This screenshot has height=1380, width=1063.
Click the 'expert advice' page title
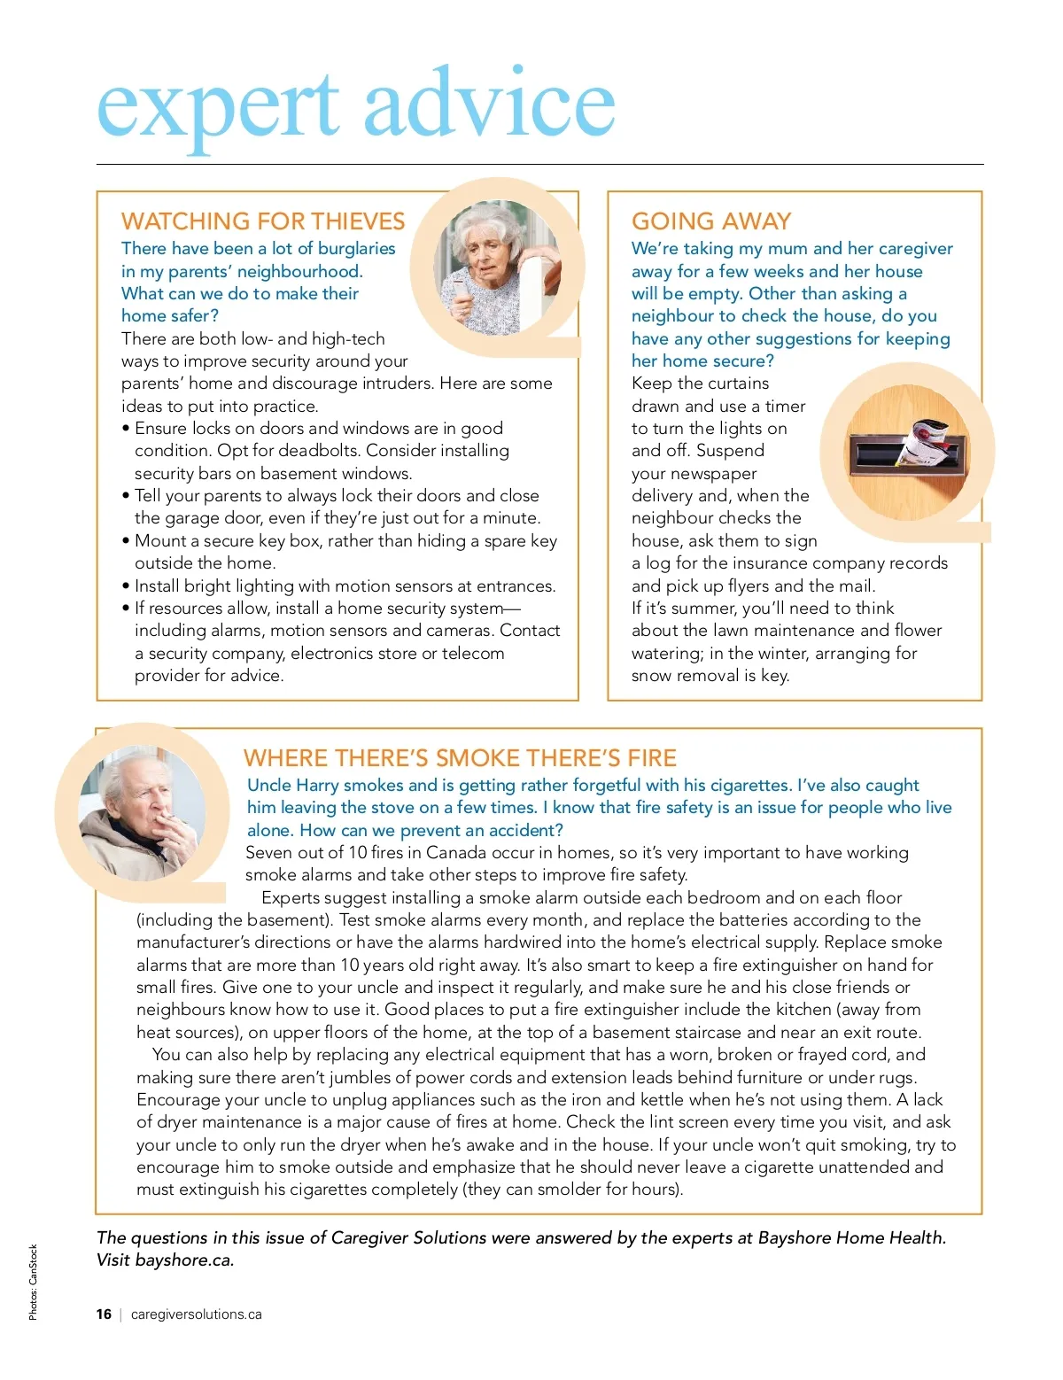(355, 106)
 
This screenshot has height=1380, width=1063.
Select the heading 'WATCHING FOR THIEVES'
(263, 221)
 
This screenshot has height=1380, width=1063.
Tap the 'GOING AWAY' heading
(711, 221)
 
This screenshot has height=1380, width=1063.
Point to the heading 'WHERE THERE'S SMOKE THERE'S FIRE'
(460, 758)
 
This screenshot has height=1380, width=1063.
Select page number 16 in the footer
(104, 1314)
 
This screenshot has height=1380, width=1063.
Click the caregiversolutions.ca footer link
(197, 1314)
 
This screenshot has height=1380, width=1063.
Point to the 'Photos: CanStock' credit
(34, 1282)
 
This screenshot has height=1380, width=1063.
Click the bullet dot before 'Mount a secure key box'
(126, 541)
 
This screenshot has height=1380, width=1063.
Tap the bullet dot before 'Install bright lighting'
(126, 586)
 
